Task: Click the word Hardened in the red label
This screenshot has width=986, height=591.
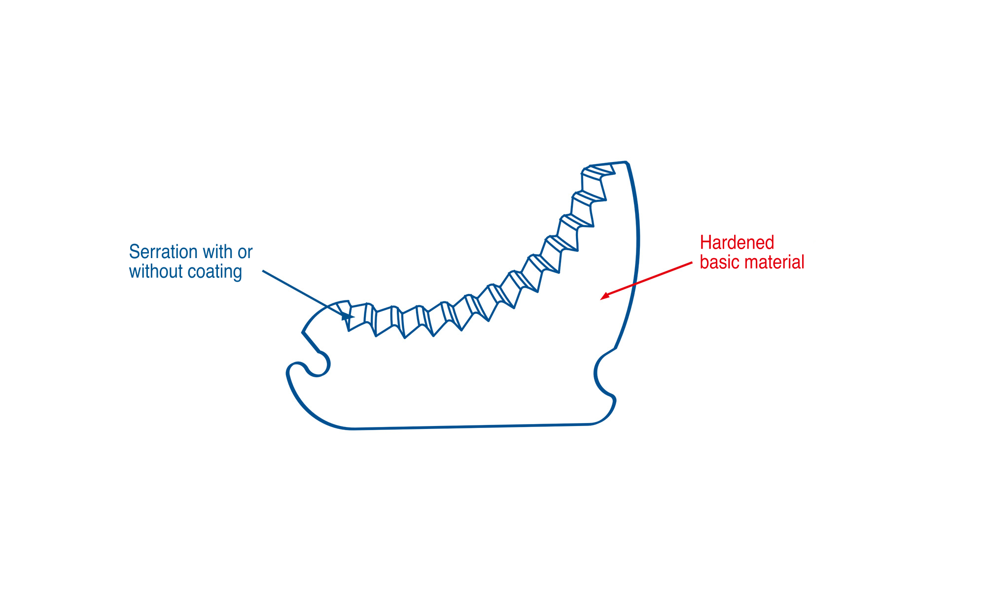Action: pyautogui.click(x=737, y=243)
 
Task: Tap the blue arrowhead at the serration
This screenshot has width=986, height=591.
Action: pyautogui.click(x=348, y=316)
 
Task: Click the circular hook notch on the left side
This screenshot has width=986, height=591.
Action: pyautogui.click(x=318, y=365)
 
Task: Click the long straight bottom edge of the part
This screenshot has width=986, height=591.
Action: pyautogui.click(x=471, y=427)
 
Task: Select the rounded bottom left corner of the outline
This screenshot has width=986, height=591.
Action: pyautogui.click(x=311, y=409)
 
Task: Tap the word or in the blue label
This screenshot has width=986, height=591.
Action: pyautogui.click(x=245, y=252)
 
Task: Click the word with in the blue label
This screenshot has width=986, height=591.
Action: pyautogui.click(x=217, y=252)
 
